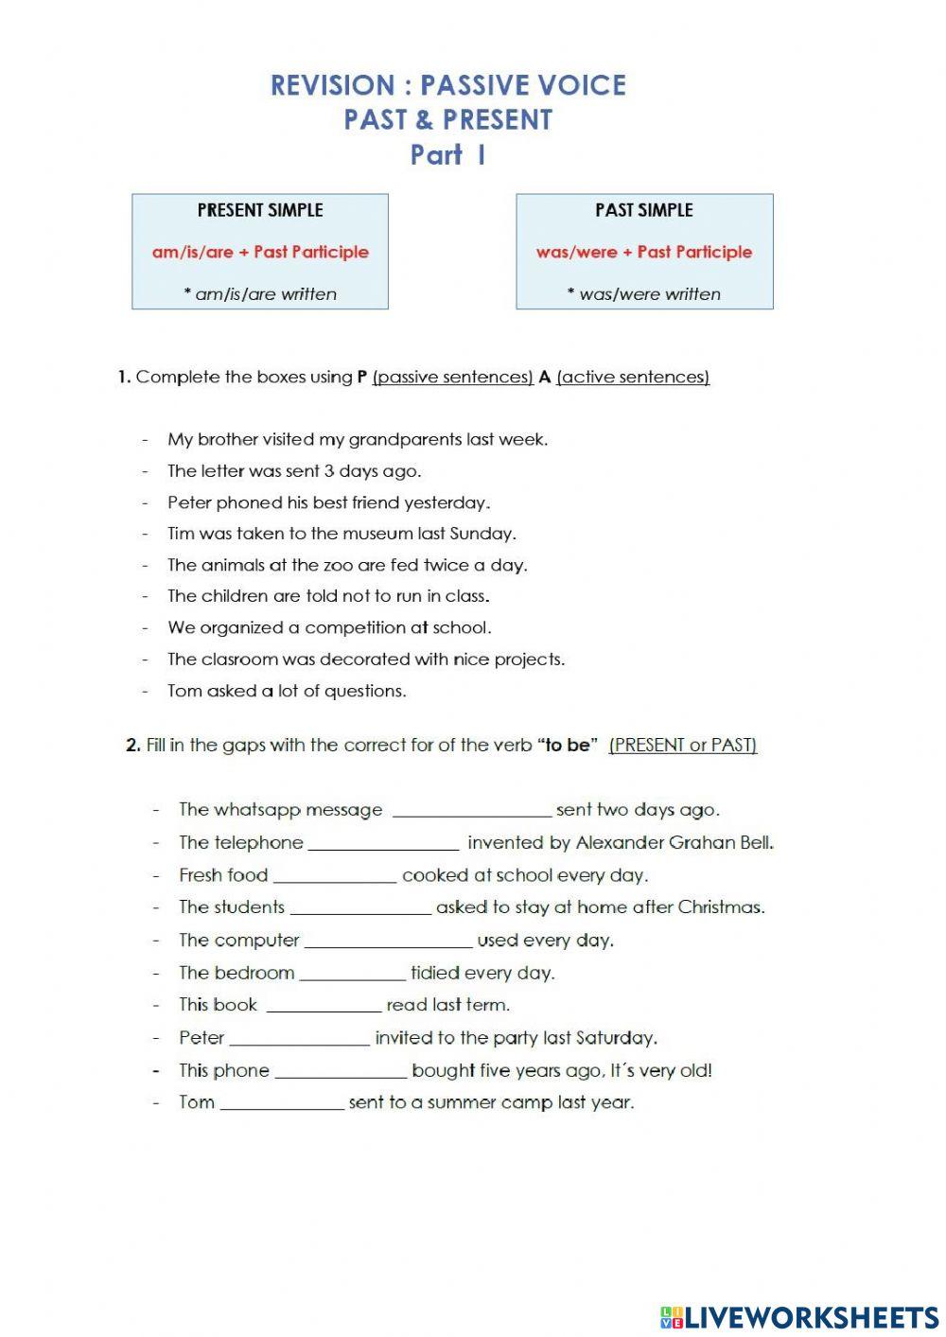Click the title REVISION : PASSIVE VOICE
click(x=447, y=85)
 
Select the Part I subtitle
click(x=447, y=155)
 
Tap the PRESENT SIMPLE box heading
click(x=260, y=210)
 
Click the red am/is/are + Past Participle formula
click(x=260, y=252)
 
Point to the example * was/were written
click(x=644, y=294)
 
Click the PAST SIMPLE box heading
click(x=644, y=210)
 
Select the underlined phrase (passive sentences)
click(x=453, y=377)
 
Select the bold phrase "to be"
click(x=568, y=746)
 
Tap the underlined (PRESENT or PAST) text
click(x=683, y=746)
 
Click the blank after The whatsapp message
click(x=471, y=810)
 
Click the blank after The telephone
click(x=383, y=843)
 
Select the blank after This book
click(x=324, y=1005)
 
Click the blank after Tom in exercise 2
click(x=282, y=1103)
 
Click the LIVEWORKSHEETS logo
click(x=799, y=1316)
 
